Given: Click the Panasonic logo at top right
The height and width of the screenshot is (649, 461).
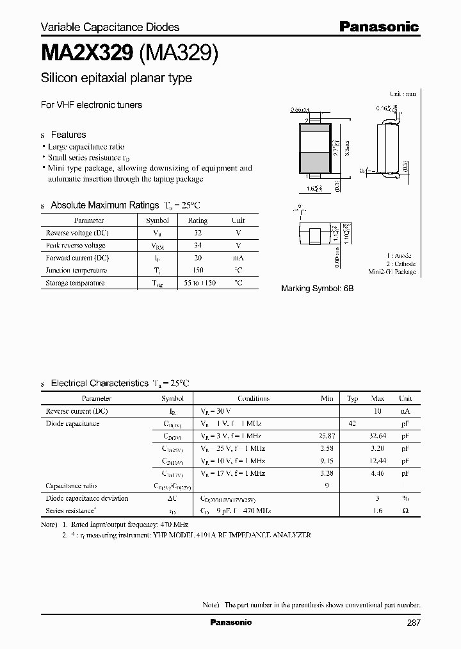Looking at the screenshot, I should (378, 26).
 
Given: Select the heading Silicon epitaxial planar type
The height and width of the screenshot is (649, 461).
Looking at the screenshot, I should (116, 78).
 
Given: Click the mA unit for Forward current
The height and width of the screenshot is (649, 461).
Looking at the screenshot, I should (238, 258).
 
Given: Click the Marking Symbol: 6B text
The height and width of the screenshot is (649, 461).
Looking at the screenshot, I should (317, 289).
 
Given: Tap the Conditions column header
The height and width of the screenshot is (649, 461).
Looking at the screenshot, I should (253, 398).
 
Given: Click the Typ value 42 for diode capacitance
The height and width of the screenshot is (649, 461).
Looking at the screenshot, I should (352, 424).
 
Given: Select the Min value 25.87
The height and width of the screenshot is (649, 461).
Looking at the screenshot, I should (326, 436).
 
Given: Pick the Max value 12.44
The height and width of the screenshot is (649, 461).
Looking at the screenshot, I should (378, 461).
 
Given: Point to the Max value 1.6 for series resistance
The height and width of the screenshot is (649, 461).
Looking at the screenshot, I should (378, 511).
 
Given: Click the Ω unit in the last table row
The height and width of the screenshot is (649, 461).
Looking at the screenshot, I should (405, 511).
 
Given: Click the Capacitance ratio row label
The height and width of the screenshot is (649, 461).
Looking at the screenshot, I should (71, 486).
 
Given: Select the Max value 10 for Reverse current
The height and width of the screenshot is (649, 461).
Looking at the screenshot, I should (378, 411).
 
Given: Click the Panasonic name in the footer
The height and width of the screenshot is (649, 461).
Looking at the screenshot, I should (231, 623).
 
